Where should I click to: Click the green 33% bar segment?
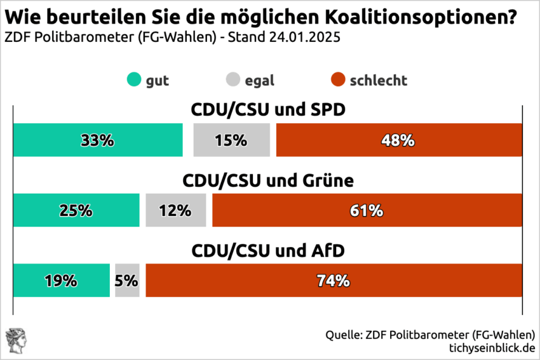coord(97,140)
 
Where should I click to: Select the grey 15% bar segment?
coord(231,140)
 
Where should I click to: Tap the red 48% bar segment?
coord(398,140)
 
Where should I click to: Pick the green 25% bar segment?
coord(76,210)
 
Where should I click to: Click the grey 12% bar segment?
coord(175,210)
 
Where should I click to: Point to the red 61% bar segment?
coord(367,210)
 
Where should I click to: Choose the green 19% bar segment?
coord(61,280)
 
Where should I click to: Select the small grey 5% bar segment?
coord(127,280)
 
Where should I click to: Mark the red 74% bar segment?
coord(334,280)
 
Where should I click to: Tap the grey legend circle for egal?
coord(233,81)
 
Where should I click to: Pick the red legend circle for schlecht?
coord(338,81)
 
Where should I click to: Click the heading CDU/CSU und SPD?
coord(267,110)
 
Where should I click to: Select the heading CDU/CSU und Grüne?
coord(267,180)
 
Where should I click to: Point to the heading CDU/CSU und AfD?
coord(267,250)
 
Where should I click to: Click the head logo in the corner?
coord(17,339)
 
